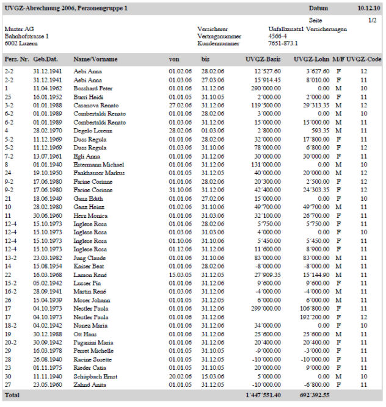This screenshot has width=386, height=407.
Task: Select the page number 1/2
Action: pyautogui.click(x=372, y=21)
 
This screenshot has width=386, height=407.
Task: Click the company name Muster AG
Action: pyautogui.click(x=18, y=29)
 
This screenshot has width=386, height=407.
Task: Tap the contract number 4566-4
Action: pyautogui.click(x=279, y=36)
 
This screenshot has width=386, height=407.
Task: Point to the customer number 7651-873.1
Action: pyautogui.click(x=283, y=43)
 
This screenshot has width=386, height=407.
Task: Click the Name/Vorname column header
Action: pyautogui.click(x=95, y=59)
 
